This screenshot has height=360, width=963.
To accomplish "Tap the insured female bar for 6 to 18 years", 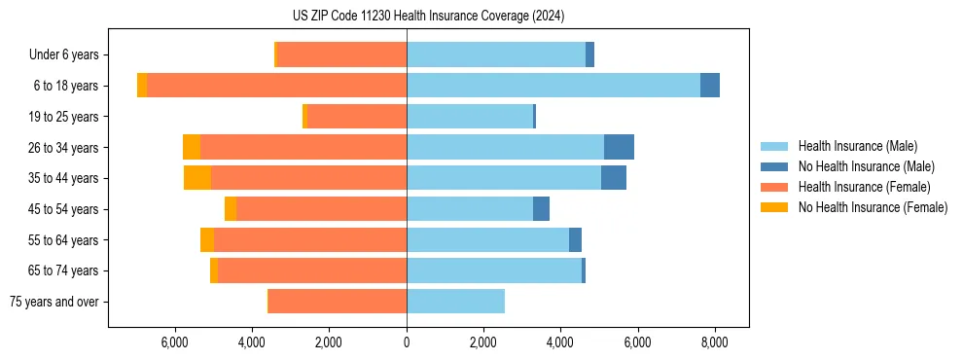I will point(276,86).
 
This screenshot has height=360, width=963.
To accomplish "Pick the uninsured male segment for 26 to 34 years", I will point(619,147).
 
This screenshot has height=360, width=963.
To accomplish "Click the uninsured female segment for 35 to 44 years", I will point(197,178).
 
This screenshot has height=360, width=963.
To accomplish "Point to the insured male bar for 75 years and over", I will point(455,302).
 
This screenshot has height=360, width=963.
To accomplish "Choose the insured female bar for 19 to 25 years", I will point(356,117).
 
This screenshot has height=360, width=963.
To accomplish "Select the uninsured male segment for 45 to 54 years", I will point(541,209).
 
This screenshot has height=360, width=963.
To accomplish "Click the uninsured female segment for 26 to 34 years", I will point(192,147).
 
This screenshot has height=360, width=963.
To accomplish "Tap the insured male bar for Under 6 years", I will point(496,54).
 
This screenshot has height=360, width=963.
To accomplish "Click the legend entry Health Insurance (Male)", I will point(857,146).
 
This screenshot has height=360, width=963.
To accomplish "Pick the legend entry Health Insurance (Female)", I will point(864,187).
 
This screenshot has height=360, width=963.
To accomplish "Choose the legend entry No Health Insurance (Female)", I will point(873,207).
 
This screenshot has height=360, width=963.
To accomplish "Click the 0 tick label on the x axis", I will point(407,342).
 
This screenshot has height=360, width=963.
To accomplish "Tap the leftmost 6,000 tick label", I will point(174,342).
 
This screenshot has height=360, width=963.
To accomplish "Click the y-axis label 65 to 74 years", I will point(64,270).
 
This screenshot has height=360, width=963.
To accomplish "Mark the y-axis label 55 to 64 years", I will point(64,240).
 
